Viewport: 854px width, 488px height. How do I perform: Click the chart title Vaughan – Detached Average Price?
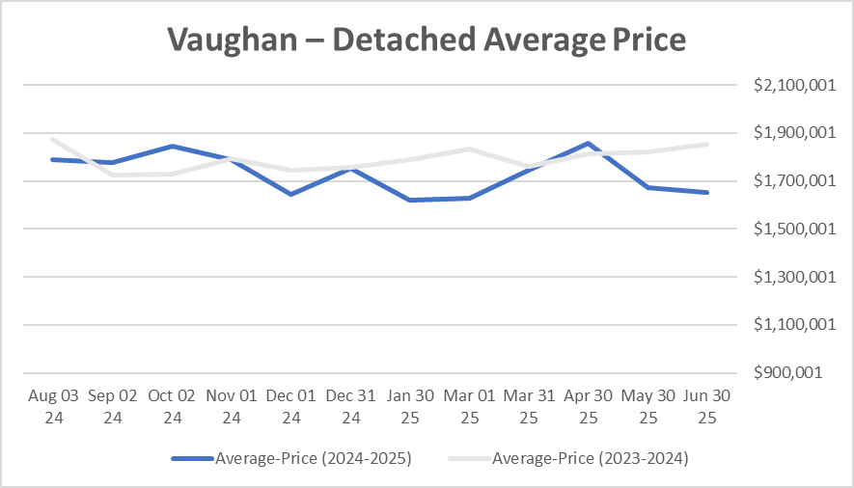(x=426, y=39)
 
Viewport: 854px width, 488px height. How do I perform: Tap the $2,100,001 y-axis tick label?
(x=792, y=86)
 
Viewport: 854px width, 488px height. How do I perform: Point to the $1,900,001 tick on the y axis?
(x=792, y=133)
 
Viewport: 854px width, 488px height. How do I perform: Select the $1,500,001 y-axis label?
(x=792, y=230)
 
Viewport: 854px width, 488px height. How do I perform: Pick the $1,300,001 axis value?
(x=792, y=278)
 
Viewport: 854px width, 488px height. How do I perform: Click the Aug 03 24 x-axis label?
(x=53, y=406)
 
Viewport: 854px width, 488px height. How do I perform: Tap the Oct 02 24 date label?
(x=172, y=406)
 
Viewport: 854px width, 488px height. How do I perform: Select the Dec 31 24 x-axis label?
(x=351, y=406)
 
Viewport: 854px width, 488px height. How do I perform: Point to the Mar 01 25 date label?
(x=470, y=406)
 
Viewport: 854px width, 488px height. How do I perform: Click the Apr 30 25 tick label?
(x=589, y=406)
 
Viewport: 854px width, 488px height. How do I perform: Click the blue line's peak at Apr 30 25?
(x=589, y=144)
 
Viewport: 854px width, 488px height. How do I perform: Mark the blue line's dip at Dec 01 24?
(x=290, y=195)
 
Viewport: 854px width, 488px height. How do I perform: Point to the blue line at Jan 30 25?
(x=410, y=200)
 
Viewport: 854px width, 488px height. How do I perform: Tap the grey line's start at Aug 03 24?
(x=53, y=139)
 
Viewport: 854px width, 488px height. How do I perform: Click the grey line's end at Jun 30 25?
(x=708, y=145)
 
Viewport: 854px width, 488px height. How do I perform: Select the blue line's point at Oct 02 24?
(x=172, y=146)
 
